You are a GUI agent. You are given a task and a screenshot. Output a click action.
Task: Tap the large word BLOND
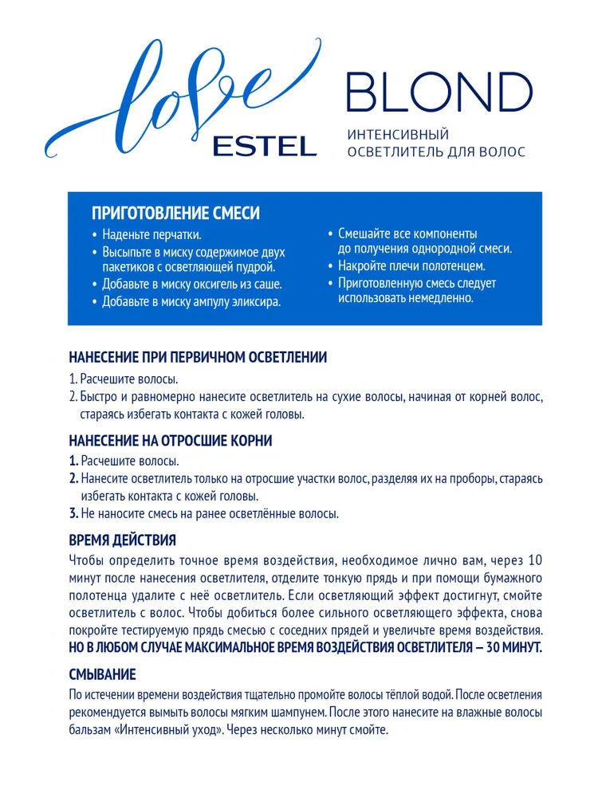click(439, 93)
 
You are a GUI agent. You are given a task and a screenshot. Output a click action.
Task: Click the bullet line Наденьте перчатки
click(151, 235)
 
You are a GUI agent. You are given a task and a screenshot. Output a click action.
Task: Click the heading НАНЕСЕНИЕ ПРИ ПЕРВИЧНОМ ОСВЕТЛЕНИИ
click(198, 358)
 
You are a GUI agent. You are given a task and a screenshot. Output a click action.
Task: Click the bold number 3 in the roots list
click(73, 513)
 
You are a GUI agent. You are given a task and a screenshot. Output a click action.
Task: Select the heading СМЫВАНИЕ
click(102, 674)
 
